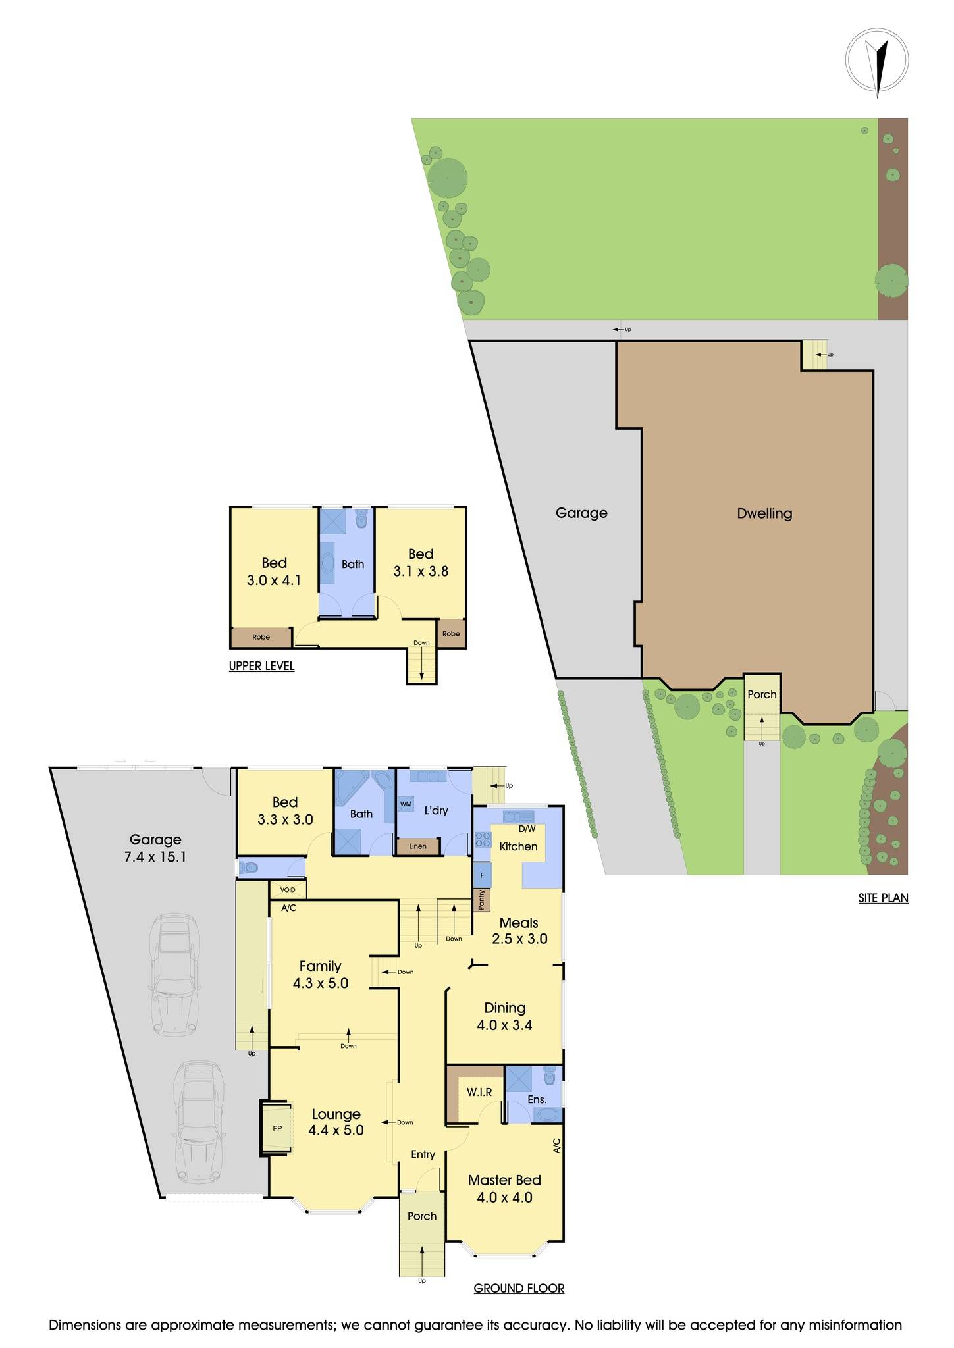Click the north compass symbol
click(x=877, y=59)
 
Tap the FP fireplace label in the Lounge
click(x=277, y=1128)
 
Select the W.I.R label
click(x=479, y=1092)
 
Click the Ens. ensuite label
click(x=537, y=1099)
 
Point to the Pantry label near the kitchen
click(x=482, y=899)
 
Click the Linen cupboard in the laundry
click(x=417, y=846)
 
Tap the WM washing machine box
click(x=406, y=804)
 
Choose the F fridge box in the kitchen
click(x=482, y=875)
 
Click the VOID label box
click(x=288, y=890)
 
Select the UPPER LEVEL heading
click(x=261, y=666)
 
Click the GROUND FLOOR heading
click(x=519, y=1288)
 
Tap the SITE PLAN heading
click(x=883, y=897)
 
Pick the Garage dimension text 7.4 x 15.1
click(x=155, y=857)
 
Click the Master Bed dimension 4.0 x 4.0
click(x=504, y=1197)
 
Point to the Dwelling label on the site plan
click(x=764, y=513)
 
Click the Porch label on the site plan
click(x=762, y=694)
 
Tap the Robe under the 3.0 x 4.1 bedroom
click(x=261, y=637)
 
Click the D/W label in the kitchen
click(x=527, y=829)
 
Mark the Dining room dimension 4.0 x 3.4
click(x=504, y=1025)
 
